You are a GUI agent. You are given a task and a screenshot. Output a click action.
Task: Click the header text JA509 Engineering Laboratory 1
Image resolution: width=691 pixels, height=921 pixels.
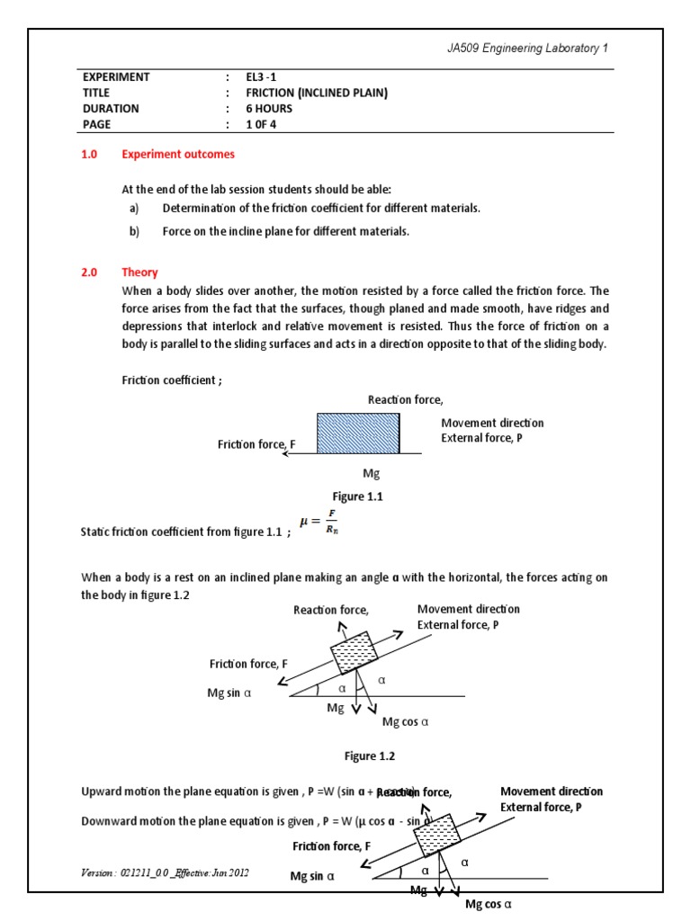[x=534, y=49]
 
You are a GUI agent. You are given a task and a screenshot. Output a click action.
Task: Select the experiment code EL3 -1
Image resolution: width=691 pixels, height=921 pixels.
[x=266, y=76]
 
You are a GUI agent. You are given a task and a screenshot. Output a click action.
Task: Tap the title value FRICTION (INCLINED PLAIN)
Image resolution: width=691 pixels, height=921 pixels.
[x=317, y=93]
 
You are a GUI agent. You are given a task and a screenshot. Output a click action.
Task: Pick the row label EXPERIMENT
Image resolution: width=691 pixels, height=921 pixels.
[x=116, y=76]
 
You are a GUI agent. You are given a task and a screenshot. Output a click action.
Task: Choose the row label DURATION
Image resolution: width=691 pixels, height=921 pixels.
[x=111, y=109]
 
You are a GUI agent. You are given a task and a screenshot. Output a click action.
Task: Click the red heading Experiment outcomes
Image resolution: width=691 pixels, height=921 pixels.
[x=178, y=154]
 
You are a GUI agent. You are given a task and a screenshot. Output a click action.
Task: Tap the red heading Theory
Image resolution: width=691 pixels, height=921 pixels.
[x=139, y=273]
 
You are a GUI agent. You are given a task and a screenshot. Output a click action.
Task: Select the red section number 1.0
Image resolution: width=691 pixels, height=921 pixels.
[x=90, y=154]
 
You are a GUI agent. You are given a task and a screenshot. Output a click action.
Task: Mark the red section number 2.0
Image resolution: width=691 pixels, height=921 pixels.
[x=90, y=273]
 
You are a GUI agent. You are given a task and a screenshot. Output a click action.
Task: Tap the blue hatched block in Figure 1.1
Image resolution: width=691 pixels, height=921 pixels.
[x=358, y=434]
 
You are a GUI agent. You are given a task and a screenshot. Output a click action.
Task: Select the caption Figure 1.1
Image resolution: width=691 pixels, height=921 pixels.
[x=358, y=496]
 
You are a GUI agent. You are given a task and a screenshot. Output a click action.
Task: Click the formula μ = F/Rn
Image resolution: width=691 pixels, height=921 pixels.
[x=319, y=523]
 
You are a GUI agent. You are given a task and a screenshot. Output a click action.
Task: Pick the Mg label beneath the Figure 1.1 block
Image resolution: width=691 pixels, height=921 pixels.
[x=372, y=472]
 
